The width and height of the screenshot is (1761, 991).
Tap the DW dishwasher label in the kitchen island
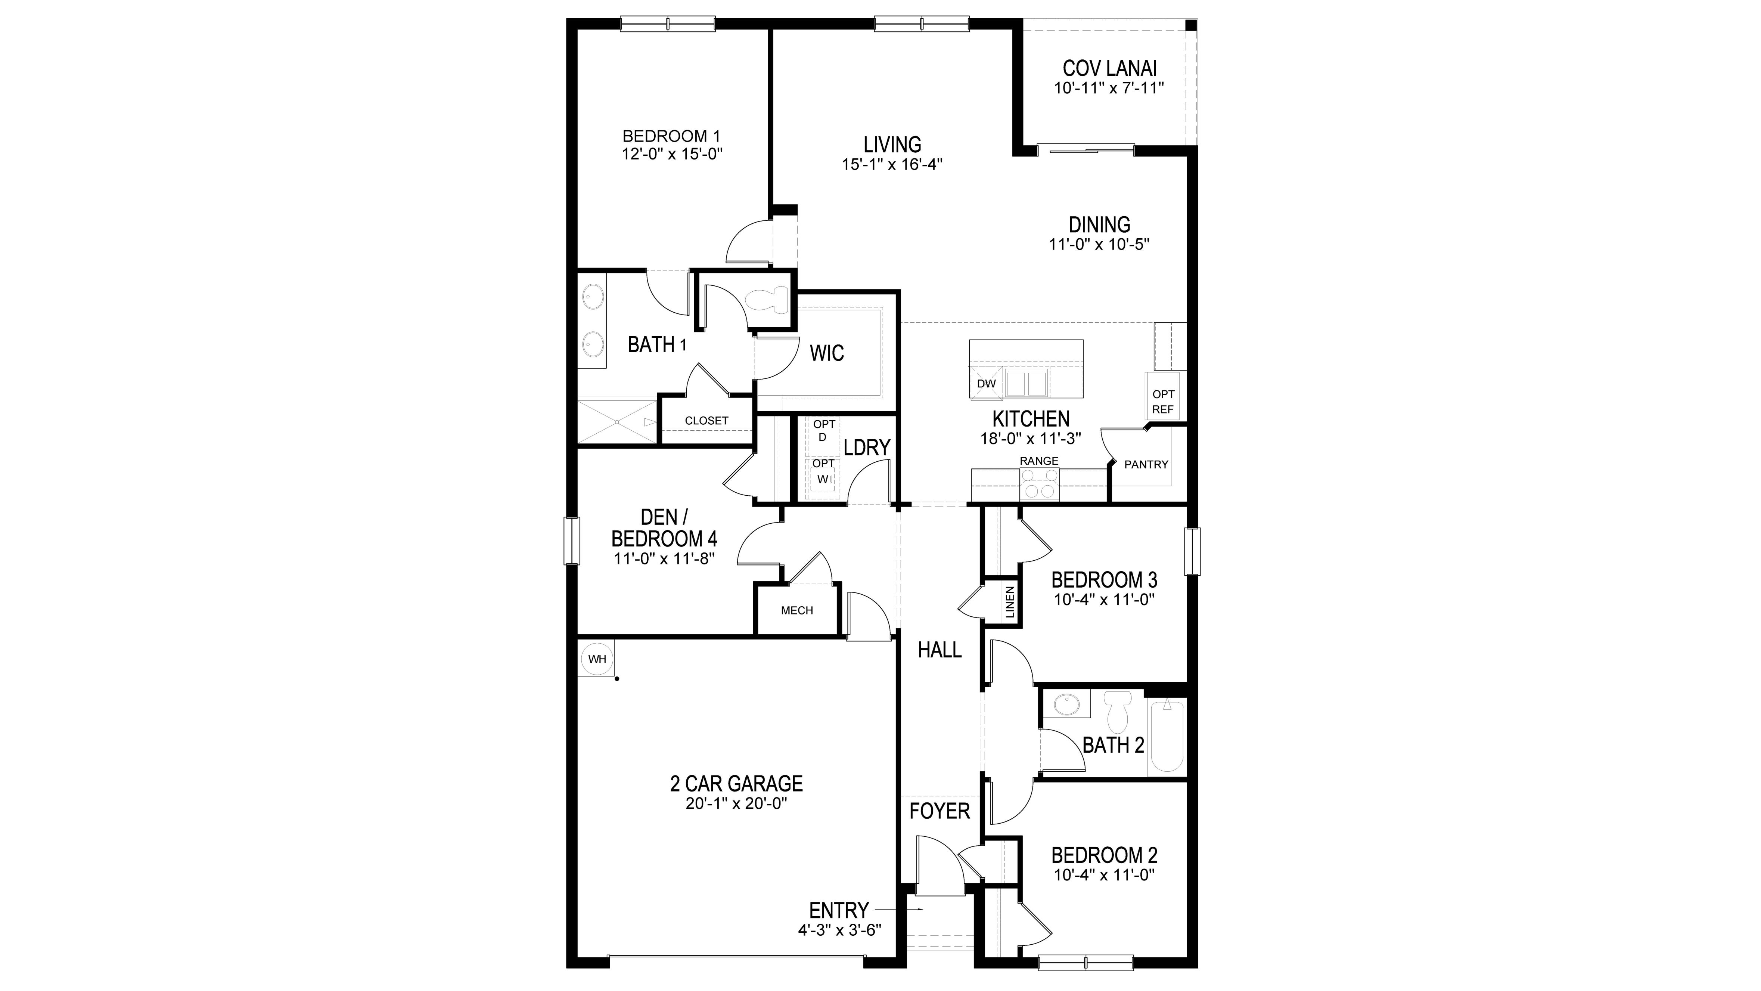pyautogui.click(x=986, y=384)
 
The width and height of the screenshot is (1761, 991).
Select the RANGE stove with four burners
pyautogui.click(x=1039, y=484)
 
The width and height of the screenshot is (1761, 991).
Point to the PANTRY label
pyautogui.click(x=1146, y=464)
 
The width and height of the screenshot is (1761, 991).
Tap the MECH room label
pyautogui.click(x=796, y=610)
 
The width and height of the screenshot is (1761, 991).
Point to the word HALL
pyautogui.click(x=939, y=650)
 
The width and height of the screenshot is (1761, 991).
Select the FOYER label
pyautogui.click(x=939, y=811)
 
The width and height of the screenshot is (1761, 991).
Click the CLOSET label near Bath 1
pyautogui.click(x=706, y=421)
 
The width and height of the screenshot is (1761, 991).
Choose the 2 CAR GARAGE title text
pyautogui.click(x=736, y=783)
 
